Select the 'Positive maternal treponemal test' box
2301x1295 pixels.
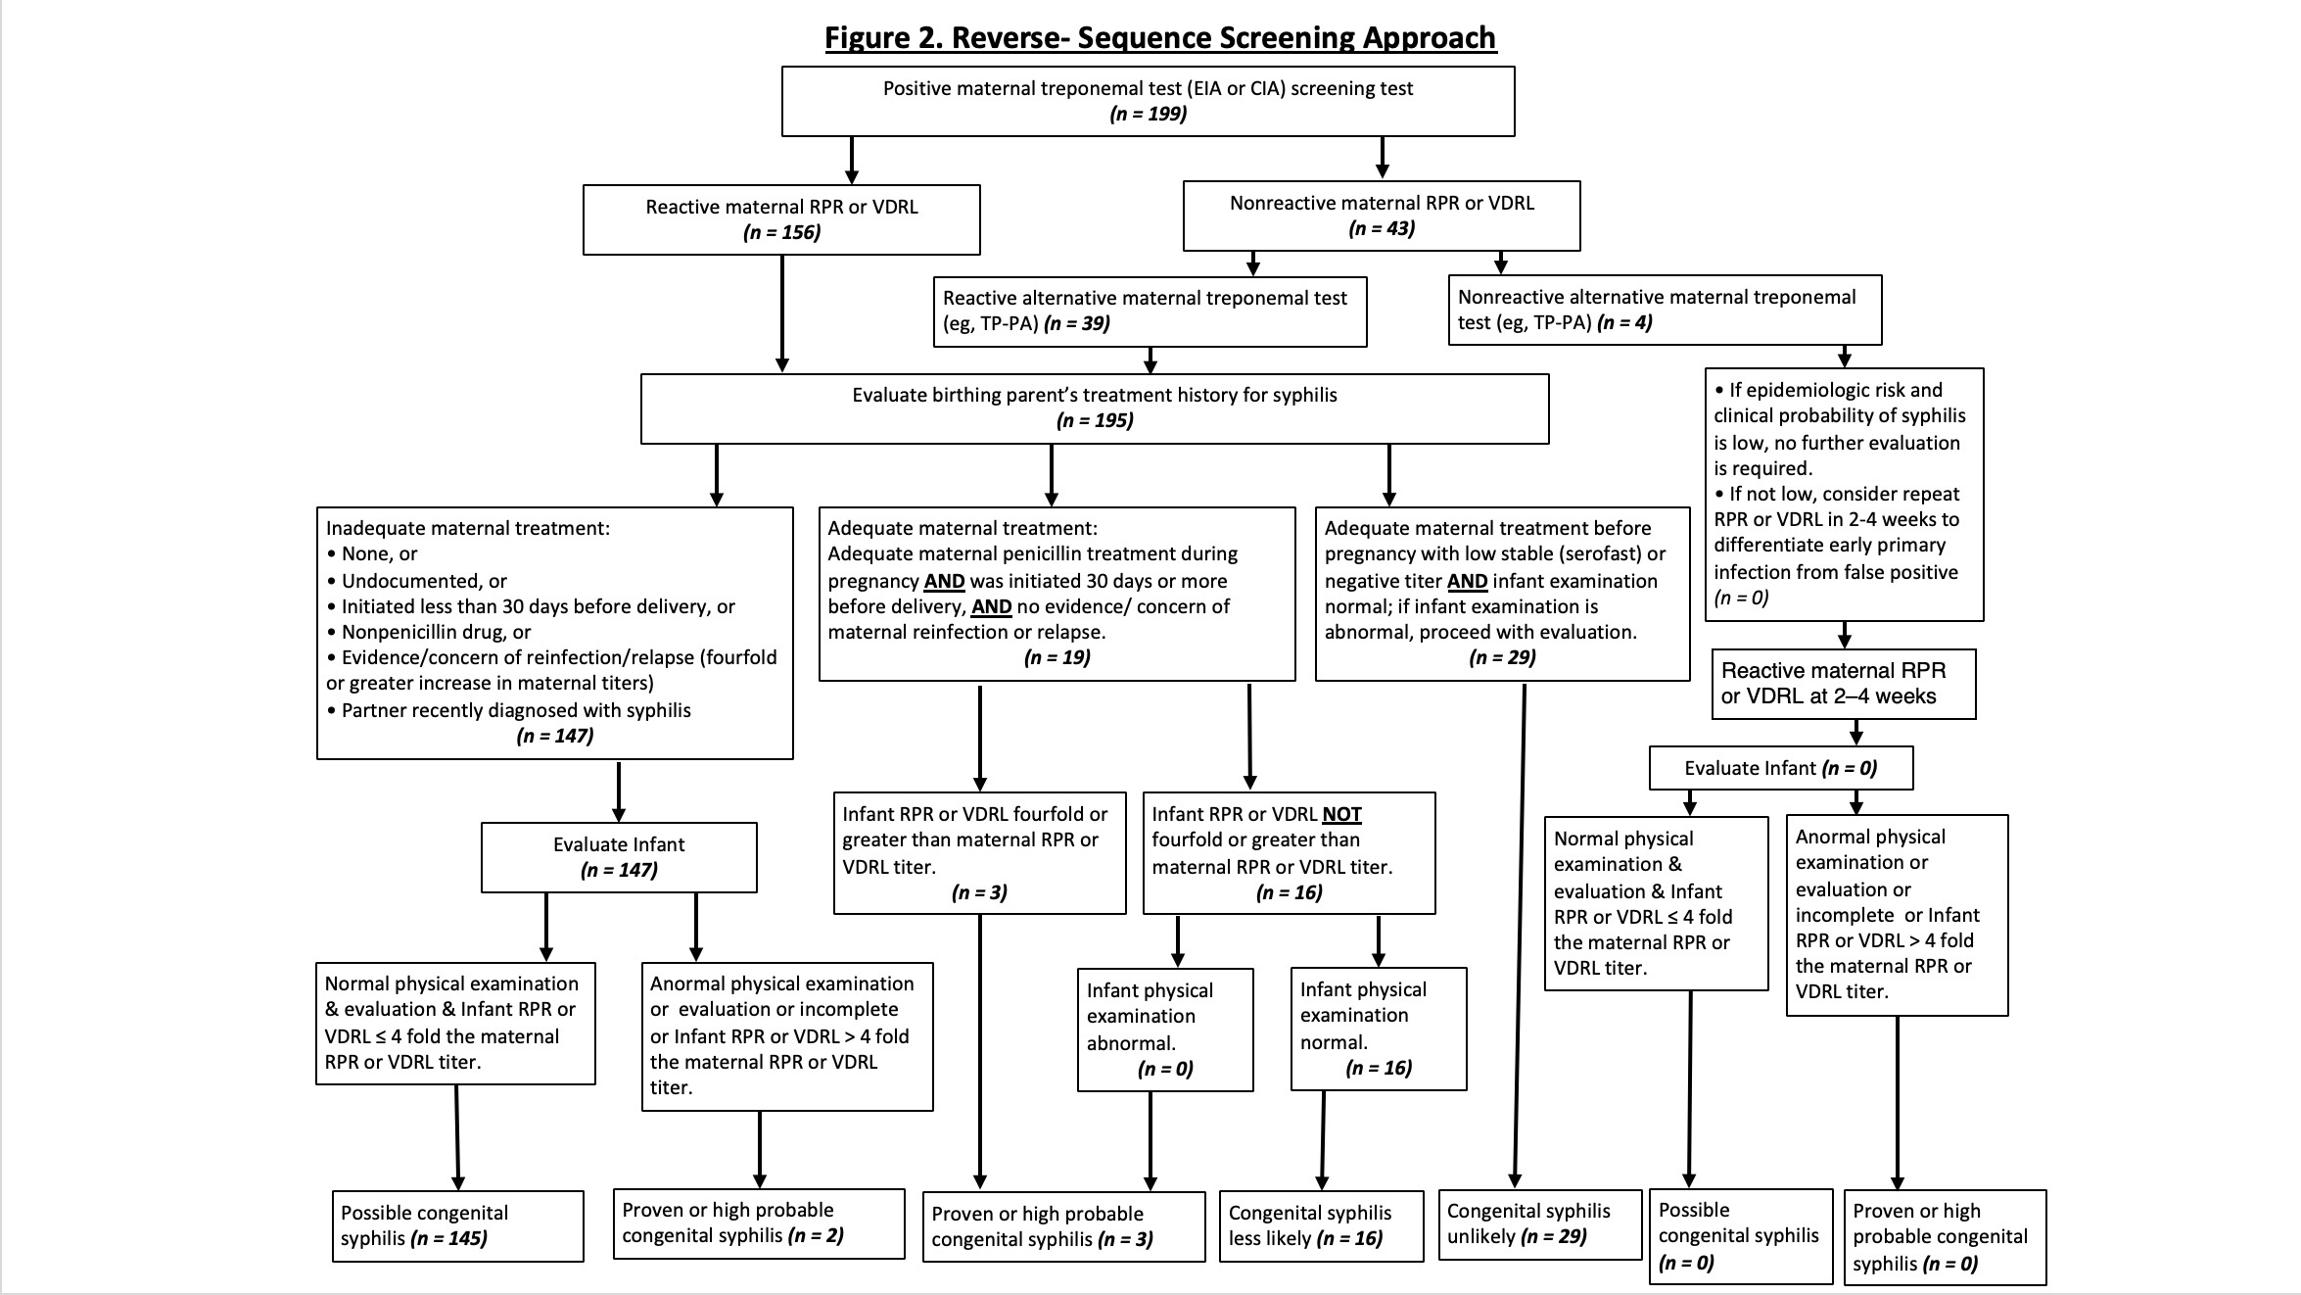pyautogui.click(x=1148, y=101)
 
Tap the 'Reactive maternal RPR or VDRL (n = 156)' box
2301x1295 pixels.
pyautogui.click(x=781, y=219)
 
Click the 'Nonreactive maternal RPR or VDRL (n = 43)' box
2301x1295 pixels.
pyautogui.click(x=1382, y=216)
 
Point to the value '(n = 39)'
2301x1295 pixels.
pyautogui.click(x=1077, y=323)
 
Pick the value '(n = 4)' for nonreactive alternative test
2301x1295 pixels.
pyautogui.click(x=1624, y=322)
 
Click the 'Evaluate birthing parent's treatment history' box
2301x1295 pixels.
pyautogui.click(x=1095, y=408)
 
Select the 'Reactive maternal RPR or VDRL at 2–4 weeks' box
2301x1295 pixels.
pyautogui.click(x=1844, y=684)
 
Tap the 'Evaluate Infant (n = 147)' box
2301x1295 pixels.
pyautogui.click(x=619, y=857)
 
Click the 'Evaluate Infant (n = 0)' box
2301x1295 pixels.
pyautogui.click(x=1781, y=768)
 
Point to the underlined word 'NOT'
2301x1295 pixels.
pyautogui.click(x=1341, y=814)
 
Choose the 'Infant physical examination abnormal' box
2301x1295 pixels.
pyautogui.click(x=1165, y=1030)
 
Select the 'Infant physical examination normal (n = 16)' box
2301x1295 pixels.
pyautogui.click(x=1379, y=1029)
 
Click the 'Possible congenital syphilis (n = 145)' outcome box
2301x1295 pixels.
pyautogui.click(x=458, y=1225)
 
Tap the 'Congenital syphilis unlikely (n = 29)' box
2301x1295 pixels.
pyautogui.click(x=1540, y=1224)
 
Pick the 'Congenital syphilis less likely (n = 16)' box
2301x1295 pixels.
pyautogui.click(x=1321, y=1226)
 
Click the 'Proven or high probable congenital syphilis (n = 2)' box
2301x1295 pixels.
pyautogui.click(x=759, y=1223)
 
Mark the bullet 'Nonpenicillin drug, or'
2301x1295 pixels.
pyautogui.click(x=429, y=632)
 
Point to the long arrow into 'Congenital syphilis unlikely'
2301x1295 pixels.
pyautogui.click(x=1520, y=935)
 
